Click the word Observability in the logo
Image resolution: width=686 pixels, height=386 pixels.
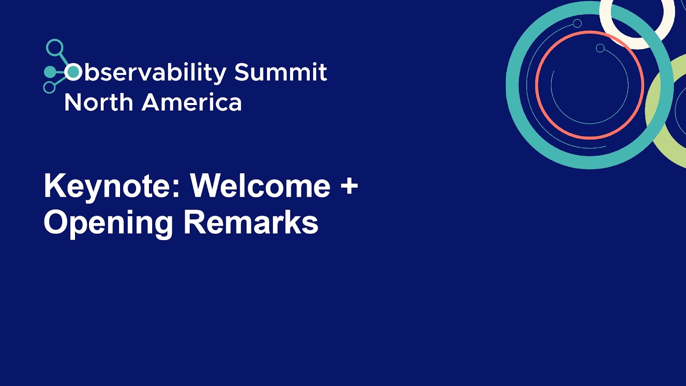pyautogui.click(x=145, y=72)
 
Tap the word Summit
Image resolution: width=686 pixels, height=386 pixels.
pyautogui.click(x=280, y=72)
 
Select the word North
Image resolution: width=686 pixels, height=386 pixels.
pyautogui.click(x=99, y=102)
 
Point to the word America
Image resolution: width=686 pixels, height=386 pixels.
pyautogui.click(x=192, y=102)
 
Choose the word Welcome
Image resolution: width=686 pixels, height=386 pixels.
pyautogui.click(x=260, y=185)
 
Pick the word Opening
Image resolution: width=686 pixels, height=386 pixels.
pyautogui.click(x=108, y=223)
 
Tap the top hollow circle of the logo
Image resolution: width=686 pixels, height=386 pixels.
pyautogui.click(x=55, y=48)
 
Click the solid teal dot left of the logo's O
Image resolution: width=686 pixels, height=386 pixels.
pyautogui.click(x=50, y=72)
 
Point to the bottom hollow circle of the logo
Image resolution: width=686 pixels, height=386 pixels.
pyautogui.click(x=50, y=87)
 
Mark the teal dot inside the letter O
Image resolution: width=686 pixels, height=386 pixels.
pyautogui.click(x=73, y=72)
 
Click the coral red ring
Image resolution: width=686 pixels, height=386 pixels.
pyautogui.click(x=536, y=85)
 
